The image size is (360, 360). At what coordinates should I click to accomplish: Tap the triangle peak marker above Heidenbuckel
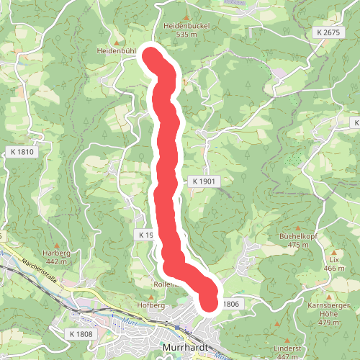pos(186,16)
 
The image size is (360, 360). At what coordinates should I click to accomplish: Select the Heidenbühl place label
pos(117,52)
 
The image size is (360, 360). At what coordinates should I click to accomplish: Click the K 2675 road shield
pos(327,33)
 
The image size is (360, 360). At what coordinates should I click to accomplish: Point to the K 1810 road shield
pos(23,152)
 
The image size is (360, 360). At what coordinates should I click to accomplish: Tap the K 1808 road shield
pos(82,334)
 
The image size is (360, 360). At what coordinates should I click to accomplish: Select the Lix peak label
pos(333,258)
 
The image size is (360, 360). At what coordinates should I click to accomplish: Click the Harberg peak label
pos(56,253)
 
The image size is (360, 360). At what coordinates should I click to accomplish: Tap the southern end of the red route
pos(209,303)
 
